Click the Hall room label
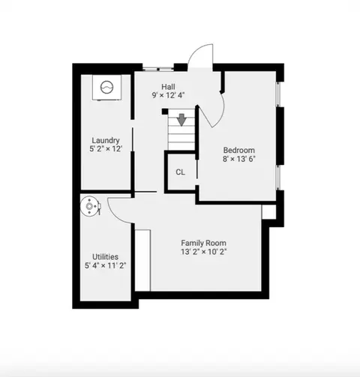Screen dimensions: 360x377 click(168, 87)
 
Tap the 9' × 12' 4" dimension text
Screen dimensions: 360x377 click(168, 95)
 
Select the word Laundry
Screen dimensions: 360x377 click(106, 140)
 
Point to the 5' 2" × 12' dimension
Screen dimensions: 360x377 click(106, 149)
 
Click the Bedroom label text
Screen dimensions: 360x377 click(239, 150)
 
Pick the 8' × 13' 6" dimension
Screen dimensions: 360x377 click(239, 159)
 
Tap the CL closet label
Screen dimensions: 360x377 click(180, 172)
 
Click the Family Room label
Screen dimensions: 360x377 click(203, 243)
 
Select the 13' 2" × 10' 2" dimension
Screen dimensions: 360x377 click(203, 252)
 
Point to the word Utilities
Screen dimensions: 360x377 click(105, 257)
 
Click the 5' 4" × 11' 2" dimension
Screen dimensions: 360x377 click(105, 265)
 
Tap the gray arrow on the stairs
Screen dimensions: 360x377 click(181, 120)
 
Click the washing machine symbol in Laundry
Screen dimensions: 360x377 click(106, 88)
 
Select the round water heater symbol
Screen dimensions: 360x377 click(90, 206)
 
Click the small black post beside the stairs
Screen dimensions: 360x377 click(165, 112)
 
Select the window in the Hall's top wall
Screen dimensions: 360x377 click(158, 68)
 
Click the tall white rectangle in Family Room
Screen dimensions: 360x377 click(142, 260)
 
